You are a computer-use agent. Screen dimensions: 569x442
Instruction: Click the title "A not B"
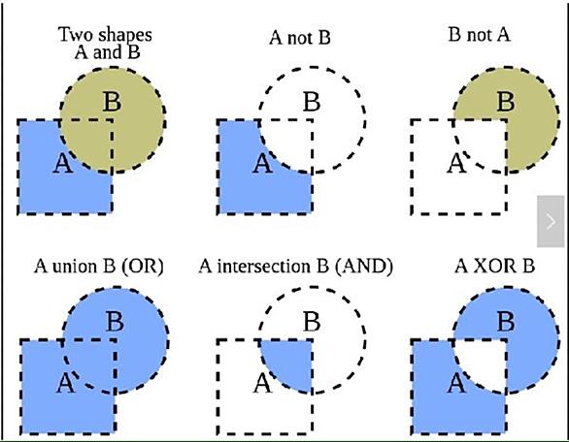[300, 37]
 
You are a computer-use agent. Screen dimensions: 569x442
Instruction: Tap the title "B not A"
[479, 35]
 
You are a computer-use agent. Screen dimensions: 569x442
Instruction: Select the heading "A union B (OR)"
[99, 267]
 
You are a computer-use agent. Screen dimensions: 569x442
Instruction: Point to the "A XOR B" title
[495, 267]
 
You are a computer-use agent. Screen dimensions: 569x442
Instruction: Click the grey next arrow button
[551, 221]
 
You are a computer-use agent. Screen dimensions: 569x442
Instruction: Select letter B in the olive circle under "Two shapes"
[112, 102]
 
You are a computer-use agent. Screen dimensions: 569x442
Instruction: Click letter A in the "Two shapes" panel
[62, 164]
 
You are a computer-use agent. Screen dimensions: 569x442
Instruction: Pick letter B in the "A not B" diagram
[312, 102]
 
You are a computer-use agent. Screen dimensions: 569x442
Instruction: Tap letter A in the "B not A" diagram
[456, 164]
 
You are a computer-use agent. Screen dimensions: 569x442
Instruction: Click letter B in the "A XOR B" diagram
[506, 321]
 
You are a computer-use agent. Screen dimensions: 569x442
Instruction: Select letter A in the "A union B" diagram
[66, 384]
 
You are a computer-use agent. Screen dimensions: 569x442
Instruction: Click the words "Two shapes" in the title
[105, 35]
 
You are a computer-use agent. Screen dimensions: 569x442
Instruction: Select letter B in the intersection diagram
[312, 321]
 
